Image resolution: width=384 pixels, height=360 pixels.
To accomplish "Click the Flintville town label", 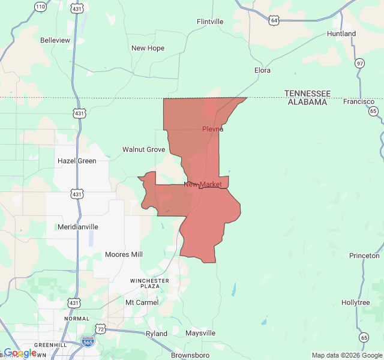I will point(210,22).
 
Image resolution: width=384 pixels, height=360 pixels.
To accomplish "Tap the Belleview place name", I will point(55,40).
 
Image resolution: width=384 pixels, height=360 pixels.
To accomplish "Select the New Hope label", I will point(148,48).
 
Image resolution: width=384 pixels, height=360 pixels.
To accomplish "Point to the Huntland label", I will point(341,34).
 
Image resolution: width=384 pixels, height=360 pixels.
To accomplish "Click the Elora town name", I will point(262,70).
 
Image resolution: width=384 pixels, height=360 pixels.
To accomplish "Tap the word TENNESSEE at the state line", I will point(307,94).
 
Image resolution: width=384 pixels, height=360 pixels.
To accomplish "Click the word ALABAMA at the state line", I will point(307,102).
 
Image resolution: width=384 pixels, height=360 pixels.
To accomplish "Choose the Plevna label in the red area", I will point(212,129).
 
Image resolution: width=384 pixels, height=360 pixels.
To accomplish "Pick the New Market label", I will point(203,184).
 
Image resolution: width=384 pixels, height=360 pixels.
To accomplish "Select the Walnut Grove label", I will point(143,149).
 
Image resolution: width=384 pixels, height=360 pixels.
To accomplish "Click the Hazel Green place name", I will point(77,161).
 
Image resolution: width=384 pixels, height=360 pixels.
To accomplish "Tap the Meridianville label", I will point(77,227).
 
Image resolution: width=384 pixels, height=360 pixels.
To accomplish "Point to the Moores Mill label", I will point(124,254).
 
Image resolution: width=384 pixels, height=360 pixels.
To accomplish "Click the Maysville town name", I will point(200,333).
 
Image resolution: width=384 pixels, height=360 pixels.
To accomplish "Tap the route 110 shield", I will point(40,7).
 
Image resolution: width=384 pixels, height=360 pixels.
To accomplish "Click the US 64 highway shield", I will point(274,20).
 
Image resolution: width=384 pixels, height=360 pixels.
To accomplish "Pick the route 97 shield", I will point(359,63).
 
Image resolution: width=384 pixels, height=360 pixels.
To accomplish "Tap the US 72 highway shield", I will point(100,329).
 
